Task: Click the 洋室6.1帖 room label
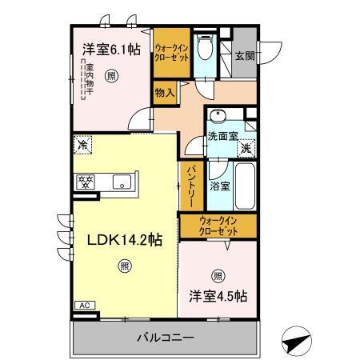(110, 50)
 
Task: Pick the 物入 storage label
(164, 93)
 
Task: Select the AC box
(84, 306)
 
